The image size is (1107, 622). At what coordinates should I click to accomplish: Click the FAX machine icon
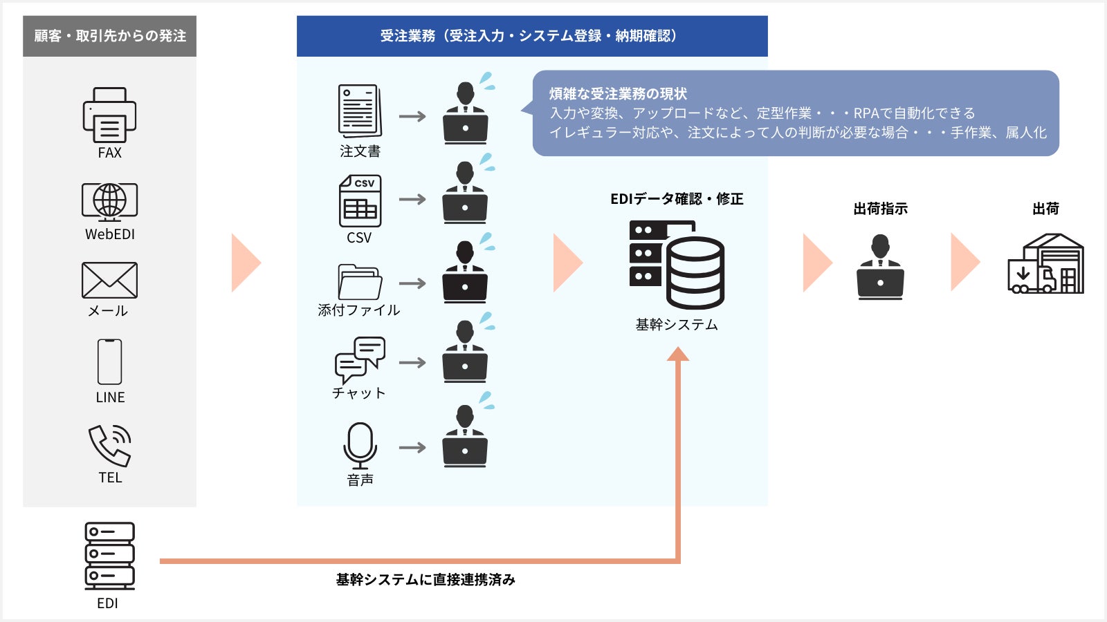[109, 115]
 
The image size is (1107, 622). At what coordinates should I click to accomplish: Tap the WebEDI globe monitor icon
[109, 202]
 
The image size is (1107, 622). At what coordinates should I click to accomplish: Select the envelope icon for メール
[109, 281]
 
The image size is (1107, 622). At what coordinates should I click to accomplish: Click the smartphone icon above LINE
[109, 361]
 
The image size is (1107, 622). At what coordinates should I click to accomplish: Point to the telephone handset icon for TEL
[109, 445]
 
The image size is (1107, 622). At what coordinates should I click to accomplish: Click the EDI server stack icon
[109, 556]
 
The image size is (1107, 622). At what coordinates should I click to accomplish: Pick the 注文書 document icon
[360, 111]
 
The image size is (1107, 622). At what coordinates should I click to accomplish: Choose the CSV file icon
[360, 201]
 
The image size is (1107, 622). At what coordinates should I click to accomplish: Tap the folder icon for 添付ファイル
[360, 282]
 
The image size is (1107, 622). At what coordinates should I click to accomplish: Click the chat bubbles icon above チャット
[360, 359]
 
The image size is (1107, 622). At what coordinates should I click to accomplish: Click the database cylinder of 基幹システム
[695, 272]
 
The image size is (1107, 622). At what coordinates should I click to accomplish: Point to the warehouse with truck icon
[1045, 264]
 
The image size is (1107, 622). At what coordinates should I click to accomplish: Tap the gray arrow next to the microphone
[412, 448]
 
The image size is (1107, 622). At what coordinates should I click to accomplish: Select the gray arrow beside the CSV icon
[412, 200]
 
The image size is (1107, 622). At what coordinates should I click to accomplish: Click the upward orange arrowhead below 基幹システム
[678, 354]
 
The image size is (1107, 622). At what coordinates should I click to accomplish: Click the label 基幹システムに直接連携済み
[426, 580]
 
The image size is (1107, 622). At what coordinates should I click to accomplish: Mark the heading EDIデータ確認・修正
[677, 199]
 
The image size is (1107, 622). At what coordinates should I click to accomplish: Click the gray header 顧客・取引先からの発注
[109, 36]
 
